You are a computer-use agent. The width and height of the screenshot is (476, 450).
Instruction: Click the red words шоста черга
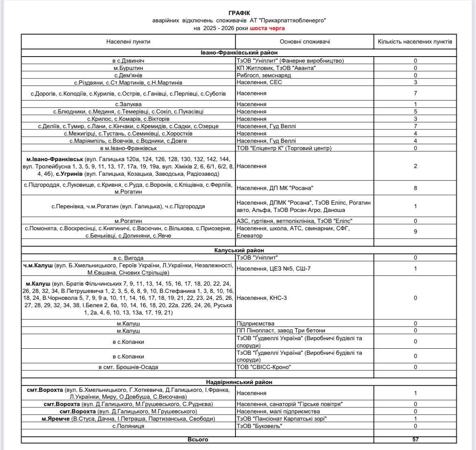click(267, 28)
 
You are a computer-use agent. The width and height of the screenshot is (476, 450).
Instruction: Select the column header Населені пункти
click(128, 42)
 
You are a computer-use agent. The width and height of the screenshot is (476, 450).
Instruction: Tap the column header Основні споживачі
click(305, 42)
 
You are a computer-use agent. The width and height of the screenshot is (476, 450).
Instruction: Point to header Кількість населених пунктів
click(415, 42)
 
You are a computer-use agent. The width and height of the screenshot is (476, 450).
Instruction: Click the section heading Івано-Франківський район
click(239, 53)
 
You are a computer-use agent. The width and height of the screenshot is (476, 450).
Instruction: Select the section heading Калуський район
click(239, 250)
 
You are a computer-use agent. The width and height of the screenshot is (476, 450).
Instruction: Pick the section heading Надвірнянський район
click(239, 382)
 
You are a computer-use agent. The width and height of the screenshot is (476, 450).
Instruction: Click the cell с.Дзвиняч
click(129, 61)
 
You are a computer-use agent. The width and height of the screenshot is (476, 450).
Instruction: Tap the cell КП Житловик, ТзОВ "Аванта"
click(276, 68)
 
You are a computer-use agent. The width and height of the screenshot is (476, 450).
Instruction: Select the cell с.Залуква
click(129, 104)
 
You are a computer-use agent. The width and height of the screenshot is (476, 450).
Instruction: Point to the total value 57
click(415, 439)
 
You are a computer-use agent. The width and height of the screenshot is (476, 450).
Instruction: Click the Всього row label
click(198, 439)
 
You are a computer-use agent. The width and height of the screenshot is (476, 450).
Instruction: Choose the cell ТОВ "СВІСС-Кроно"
click(264, 367)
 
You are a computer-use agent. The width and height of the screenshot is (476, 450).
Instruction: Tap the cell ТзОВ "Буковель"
click(260, 426)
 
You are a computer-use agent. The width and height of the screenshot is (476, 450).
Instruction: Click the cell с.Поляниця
click(129, 426)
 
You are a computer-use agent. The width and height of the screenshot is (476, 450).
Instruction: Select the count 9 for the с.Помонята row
click(415, 232)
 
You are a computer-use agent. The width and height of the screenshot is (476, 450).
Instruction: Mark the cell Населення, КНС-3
click(262, 298)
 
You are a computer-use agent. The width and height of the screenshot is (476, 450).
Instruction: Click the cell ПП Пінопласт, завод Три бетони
click(281, 330)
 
